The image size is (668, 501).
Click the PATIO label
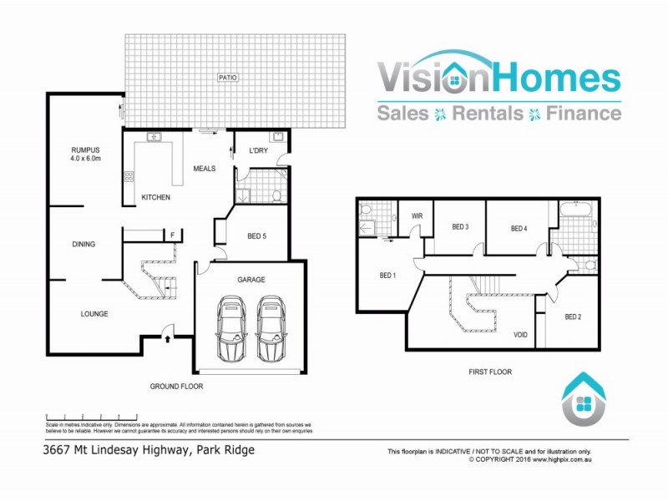point(228,78)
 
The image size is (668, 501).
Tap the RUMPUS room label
point(86,150)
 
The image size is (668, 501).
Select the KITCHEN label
point(155,197)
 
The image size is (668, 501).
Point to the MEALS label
point(205,169)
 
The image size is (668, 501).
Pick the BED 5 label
point(257,236)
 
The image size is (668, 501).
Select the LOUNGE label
point(94,314)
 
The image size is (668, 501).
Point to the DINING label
point(83,245)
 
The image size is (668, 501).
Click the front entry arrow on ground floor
point(168,338)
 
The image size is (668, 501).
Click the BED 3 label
point(460,227)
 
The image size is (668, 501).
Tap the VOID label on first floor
point(520,335)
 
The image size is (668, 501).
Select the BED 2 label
point(572,316)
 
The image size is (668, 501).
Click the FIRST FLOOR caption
point(491,372)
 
